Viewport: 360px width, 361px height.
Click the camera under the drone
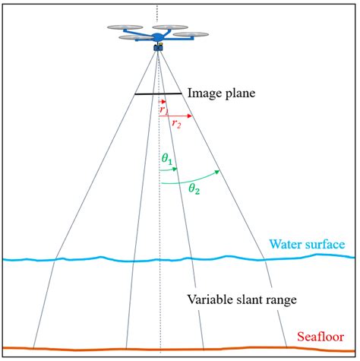pos(159,47)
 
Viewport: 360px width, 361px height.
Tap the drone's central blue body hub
pos(159,36)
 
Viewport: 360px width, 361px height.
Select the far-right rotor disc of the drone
pos(192,34)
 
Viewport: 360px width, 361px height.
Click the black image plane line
pos(158,93)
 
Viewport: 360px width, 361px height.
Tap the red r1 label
pos(164,109)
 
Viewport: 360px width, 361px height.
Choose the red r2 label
pos(176,123)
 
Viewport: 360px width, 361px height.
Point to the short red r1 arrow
pos(163,102)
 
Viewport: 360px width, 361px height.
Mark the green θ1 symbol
pos(166,159)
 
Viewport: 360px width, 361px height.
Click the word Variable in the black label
pos(210,299)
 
